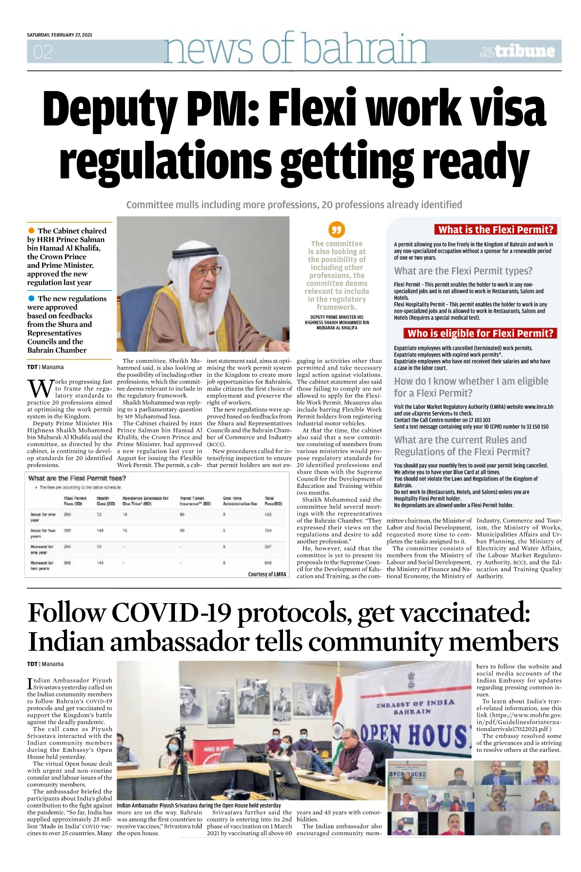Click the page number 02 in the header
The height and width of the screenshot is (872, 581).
(x=43, y=52)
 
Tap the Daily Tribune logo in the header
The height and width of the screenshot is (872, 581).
(x=517, y=51)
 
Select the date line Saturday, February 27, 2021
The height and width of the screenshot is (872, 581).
(x=59, y=35)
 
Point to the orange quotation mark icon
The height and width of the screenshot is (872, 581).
(x=336, y=230)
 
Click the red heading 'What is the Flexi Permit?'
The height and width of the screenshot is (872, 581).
(x=495, y=230)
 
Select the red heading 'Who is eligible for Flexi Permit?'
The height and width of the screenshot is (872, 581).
(x=480, y=333)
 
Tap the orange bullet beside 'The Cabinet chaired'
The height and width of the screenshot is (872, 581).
(x=31, y=231)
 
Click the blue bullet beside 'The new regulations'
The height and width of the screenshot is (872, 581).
(x=31, y=298)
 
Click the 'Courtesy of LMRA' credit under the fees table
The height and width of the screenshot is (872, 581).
(x=267, y=574)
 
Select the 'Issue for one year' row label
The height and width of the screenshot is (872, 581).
(x=43, y=517)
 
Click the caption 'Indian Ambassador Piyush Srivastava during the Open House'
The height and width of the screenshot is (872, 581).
(x=199, y=805)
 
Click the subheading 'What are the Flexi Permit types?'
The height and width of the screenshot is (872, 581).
(x=463, y=271)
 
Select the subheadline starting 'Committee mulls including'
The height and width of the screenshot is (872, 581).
(x=294, y=205)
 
